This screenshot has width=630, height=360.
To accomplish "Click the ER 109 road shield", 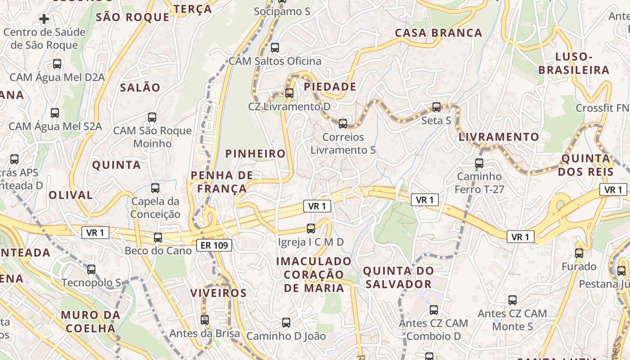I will tap(215, 245).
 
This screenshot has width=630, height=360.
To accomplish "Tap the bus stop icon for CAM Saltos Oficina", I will tap(275, 47).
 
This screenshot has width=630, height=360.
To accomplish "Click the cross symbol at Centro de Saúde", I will tap(44, 19).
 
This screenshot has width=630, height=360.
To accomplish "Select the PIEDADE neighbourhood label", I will tap(330, 87).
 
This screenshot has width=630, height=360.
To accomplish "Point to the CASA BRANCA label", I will tap(438, 33).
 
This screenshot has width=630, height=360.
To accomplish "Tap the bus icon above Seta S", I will tap(436, 107).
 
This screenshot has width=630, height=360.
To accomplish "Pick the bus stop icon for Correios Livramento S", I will tap(343, 123).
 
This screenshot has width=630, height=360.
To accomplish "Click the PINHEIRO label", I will tap(256, 154).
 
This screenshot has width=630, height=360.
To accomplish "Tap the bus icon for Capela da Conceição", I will tap(155, 188).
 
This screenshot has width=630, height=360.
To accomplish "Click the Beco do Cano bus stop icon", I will tap(158, 237).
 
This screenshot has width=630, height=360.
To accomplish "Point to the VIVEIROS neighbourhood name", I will tap(218, 293).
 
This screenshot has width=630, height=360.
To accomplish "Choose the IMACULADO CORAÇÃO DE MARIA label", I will tap(314, 274).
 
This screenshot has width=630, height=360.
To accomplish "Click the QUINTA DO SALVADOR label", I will tap(398, 278).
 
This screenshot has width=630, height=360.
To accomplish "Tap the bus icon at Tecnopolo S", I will tap(91, 270).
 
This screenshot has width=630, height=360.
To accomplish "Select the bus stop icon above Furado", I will tap(579, 253).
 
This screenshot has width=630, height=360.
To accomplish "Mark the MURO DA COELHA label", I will tap(91, 321).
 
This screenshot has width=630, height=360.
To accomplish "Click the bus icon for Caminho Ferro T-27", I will tap(479, 163).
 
